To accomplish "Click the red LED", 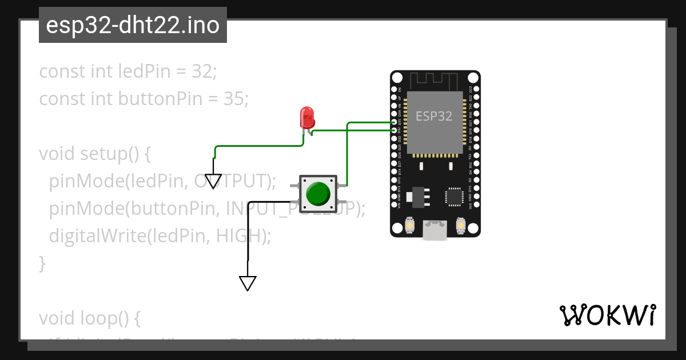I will [x=307, y=117].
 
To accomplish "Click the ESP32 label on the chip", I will [x=434, y=116].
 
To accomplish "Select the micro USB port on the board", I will [x=435, y=231].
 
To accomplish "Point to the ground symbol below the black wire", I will [x=248, y=283].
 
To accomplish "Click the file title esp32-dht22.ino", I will [x=133, y=25].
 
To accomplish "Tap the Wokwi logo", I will [x=607, y=315].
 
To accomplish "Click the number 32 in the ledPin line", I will [x=203, y=72].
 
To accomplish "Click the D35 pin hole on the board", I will [x=394, y=123].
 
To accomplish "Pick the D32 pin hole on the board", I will [x=394, y=131].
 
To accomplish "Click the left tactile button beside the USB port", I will [x=410, y=226].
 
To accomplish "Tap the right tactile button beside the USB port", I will [x=461, y=226].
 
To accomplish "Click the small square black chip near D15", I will [x=455, y=196].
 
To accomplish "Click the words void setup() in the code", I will [x=94, y=154].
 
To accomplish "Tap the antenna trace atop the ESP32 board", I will [x=435, y=81].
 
